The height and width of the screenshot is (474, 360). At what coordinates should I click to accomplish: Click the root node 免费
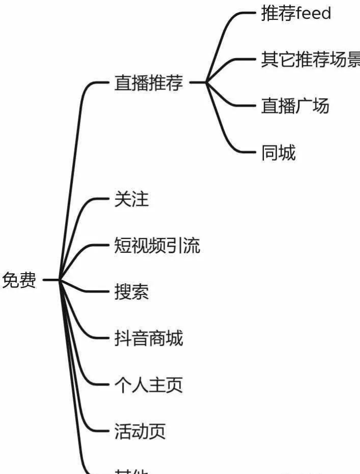click(19, 280)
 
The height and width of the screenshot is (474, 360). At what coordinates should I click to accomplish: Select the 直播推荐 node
click(148, 83)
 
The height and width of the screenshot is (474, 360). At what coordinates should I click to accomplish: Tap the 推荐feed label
click(296, 13)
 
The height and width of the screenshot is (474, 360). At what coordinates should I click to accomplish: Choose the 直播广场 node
click(295, 106)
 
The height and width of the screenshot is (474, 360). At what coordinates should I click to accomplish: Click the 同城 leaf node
click(278, 152)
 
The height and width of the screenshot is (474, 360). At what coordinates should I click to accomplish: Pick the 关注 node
click(132, 199)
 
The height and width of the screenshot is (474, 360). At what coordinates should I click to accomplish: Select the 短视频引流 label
click(157, 246)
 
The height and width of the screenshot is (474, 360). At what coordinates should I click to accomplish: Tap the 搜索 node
click(132, 292)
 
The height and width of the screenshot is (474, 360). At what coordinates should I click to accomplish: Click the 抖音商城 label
click(148, 338)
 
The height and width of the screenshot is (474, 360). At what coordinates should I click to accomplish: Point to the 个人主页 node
click(148, 385)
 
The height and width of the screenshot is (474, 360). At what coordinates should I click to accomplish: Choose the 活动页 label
click(140, 432)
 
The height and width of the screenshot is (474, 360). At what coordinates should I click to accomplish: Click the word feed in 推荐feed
click(313, 13)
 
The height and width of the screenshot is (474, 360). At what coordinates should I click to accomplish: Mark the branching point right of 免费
click(60, 279)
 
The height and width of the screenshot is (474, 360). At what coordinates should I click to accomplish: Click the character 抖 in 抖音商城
click(123, 338)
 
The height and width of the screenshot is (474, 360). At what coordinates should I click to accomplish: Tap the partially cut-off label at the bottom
click(132, 471)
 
